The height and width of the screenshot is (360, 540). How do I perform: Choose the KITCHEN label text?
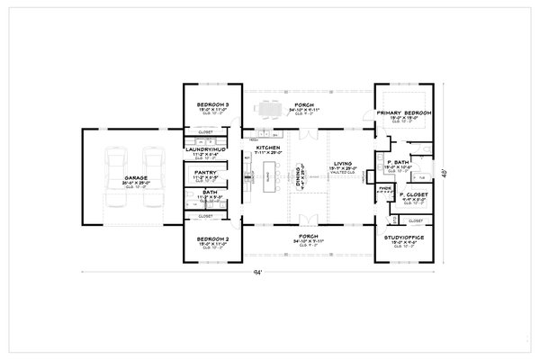click(268, 148)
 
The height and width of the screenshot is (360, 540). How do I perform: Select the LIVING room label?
click(342, 165)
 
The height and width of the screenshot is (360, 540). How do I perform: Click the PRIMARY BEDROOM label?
click(405, 112)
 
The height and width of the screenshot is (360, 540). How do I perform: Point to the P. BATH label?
click(397, 163)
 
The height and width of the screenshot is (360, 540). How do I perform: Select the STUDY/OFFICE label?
click(405, 238)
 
